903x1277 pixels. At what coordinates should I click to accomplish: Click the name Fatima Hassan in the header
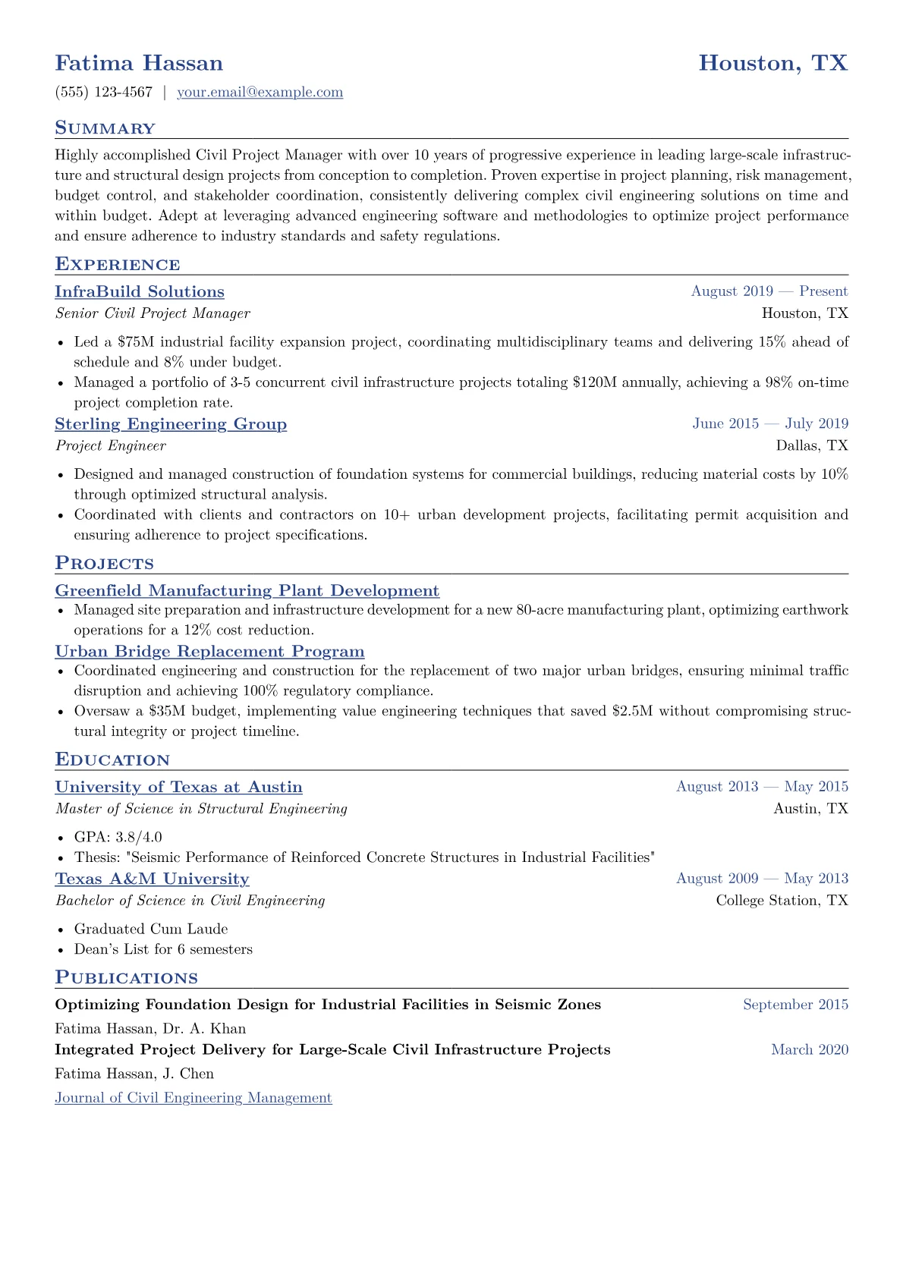click(139, 63)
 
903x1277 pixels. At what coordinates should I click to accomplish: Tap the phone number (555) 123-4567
click(104, 93)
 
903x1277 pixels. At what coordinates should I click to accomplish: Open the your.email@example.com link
click(260, 93)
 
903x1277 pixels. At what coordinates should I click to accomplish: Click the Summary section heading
click(105, 128)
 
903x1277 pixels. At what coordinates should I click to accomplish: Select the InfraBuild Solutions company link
click(140, 292)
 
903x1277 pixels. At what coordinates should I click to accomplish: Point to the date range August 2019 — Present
click(769, 291)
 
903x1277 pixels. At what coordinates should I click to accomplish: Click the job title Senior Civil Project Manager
click(153, 313)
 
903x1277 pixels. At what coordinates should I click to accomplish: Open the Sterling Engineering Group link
click(171, 424)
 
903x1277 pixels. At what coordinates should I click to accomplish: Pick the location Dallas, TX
click(812, 445)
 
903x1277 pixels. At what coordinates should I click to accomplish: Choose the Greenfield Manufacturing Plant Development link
click(247, 591)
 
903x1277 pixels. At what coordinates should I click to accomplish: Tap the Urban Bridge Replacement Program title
click(209, 652)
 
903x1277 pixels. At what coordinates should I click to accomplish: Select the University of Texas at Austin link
click(178, 788)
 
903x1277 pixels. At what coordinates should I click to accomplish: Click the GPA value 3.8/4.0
click(139, 837)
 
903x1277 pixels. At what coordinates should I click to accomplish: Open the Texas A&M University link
click(152, 879)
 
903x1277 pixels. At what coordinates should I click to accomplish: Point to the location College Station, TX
click(782, 901)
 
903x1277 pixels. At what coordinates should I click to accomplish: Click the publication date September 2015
click(795, 1005)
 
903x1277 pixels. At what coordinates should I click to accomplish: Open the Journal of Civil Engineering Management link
click(193, 1098)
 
